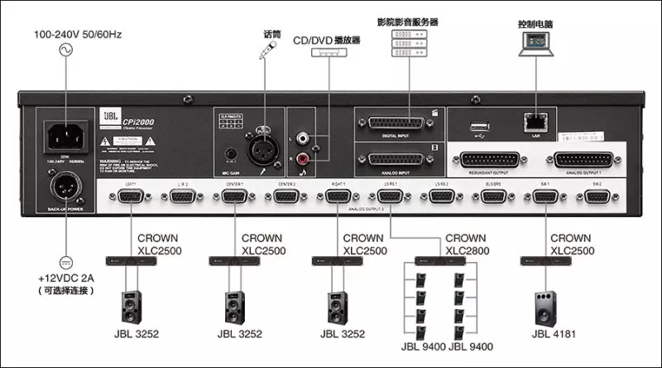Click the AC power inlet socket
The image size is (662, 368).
click(x=64, y=136)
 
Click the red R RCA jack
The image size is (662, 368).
click(x=313, y=153)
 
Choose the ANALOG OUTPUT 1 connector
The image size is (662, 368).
click(x=586, y=159)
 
